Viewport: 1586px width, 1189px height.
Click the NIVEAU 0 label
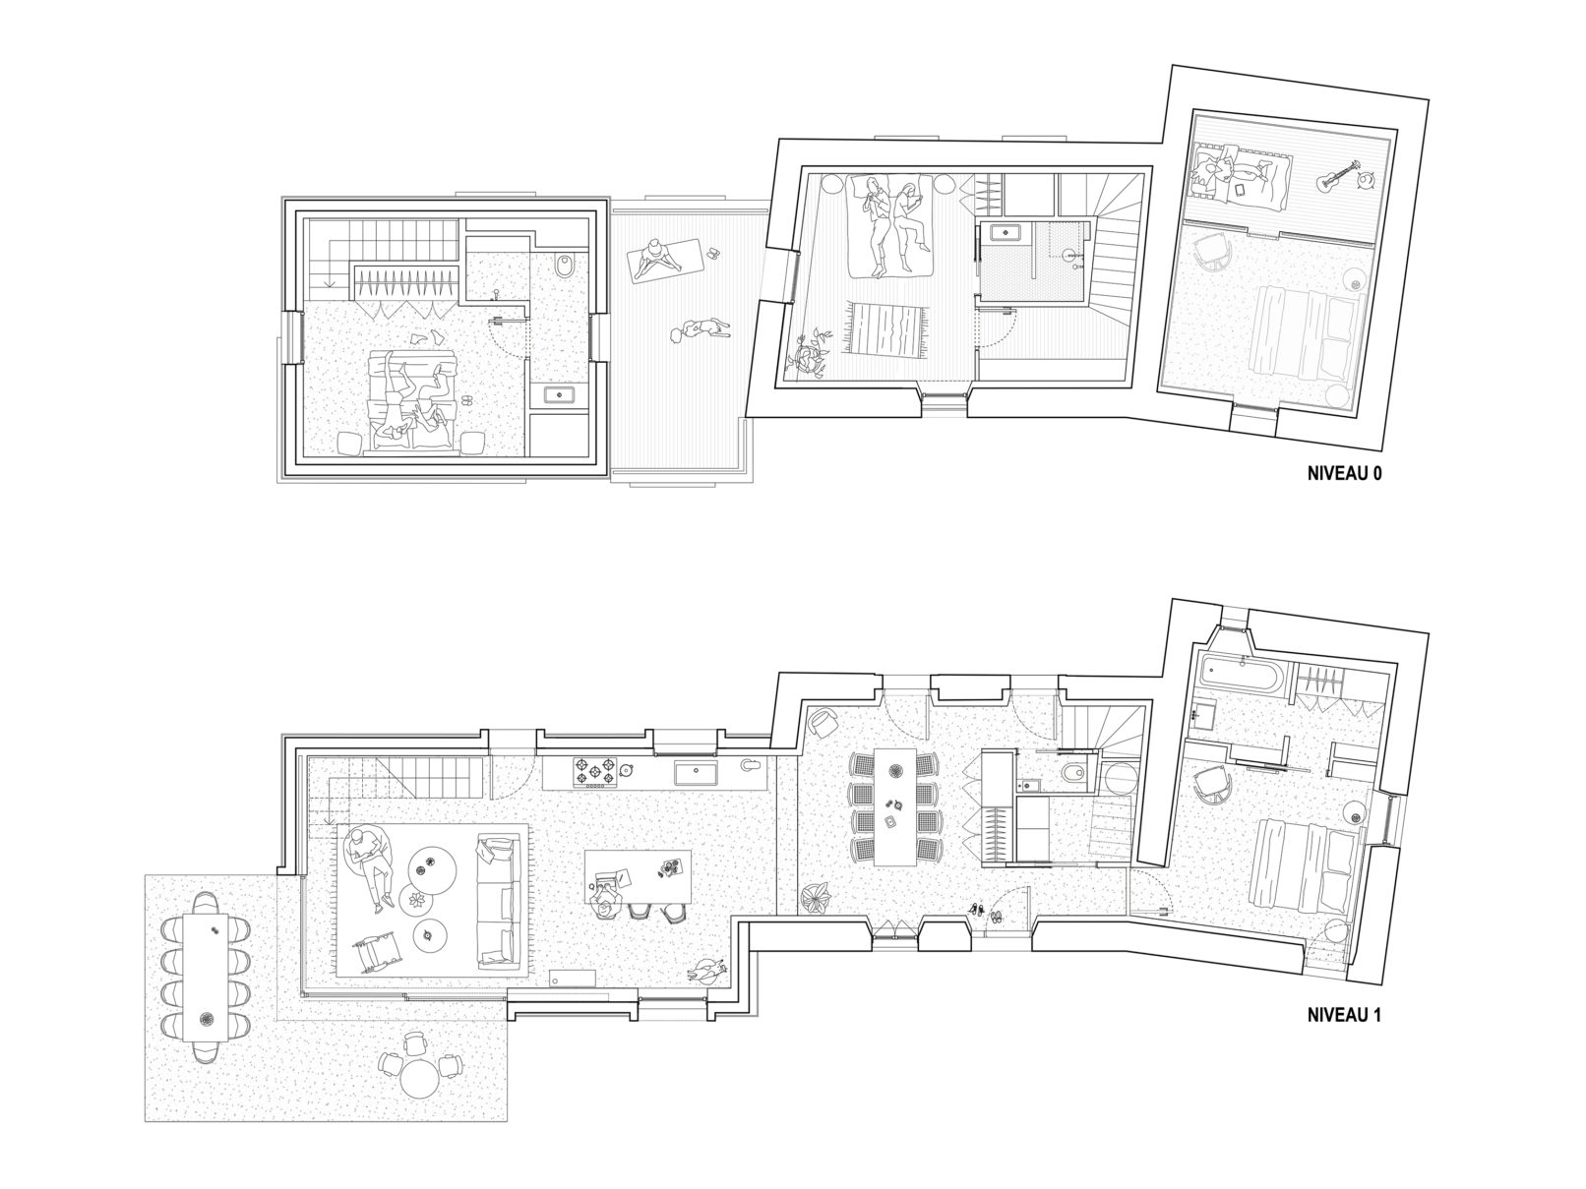[x=1344, y=474]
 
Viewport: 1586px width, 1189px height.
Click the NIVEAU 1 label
[x=1344, y=1015]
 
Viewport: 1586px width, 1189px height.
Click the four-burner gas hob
[x=595, y=772]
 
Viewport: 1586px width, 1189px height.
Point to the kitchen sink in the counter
[x=696, y=773]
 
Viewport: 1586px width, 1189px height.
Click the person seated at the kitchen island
[x=606, y=897]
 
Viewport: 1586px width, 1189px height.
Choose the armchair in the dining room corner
[x=821, y=722]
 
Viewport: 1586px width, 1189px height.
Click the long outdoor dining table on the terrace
[x=206, y=978]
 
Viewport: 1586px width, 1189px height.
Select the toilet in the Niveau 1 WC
[x=1076, y=775]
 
